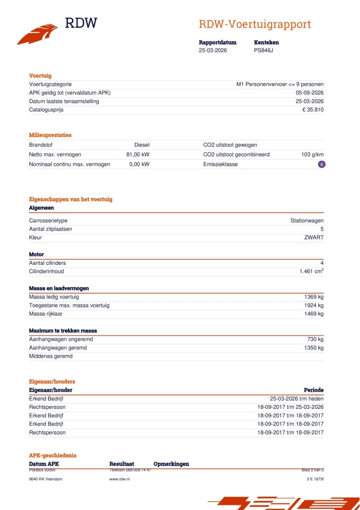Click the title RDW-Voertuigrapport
pos(254,24)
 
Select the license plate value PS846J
pos(263,50)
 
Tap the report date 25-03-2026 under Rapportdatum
pos(213,50)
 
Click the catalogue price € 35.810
pos(313,110)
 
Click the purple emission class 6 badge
pos(321,164)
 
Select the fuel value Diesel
pos(142,145)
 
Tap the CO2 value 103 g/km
pos(312,155)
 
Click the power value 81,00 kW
pos(138,155)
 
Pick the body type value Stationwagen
pos(307,221)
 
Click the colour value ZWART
pos(314,237)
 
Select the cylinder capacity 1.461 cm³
pos(311,271)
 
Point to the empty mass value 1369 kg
pos(314,297)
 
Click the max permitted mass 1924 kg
pos(314,306)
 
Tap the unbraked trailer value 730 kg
pos(315,339)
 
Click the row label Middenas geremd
pos(51,356)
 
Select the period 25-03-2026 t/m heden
pos(296,399)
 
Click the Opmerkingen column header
pos(171,464)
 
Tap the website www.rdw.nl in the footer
pos(119,479)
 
